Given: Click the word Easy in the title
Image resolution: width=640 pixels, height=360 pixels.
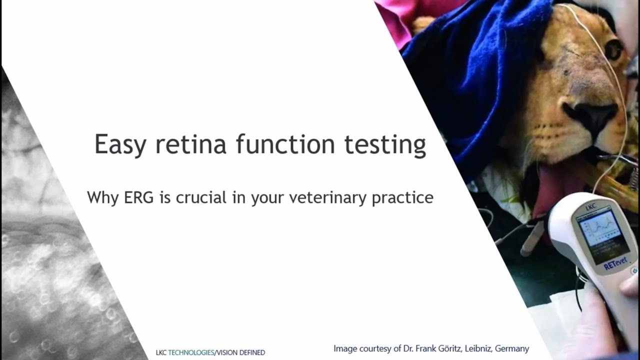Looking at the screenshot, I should (119, 145).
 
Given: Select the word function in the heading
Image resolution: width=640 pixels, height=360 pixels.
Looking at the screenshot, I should (285, 144).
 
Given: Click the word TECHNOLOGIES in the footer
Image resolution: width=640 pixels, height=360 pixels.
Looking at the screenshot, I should (191, 352).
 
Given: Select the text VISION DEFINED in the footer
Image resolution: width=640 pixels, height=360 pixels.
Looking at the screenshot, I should (240, 352).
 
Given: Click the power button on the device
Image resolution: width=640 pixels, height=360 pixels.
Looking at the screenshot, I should (634, 270).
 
